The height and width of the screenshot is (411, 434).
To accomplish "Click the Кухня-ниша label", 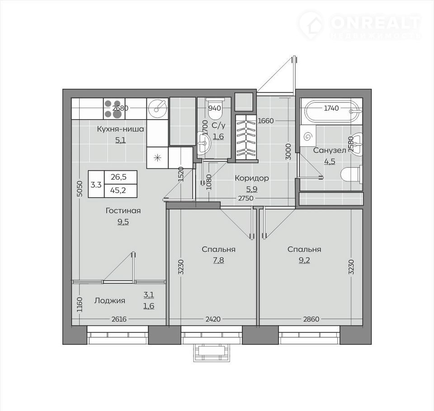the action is point(120,129).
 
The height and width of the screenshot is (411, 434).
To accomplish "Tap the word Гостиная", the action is point(123,211).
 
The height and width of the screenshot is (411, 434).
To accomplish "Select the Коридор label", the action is point(252,178).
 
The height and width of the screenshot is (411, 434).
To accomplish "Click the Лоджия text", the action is point(110,300).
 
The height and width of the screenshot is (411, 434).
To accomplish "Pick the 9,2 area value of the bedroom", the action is point(304,260).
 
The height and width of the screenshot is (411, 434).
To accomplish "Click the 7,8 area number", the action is point(218,260).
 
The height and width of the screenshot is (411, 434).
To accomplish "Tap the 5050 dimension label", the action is point(80,189).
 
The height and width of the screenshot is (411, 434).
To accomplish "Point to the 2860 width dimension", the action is point(311,319).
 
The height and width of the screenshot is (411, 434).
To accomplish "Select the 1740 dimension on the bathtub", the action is point(331,108).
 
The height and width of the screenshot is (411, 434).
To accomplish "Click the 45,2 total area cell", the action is point(118,190).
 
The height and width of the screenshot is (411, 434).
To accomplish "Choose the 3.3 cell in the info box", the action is point(96,184).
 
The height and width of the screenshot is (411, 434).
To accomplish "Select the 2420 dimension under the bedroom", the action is point(213,319).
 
